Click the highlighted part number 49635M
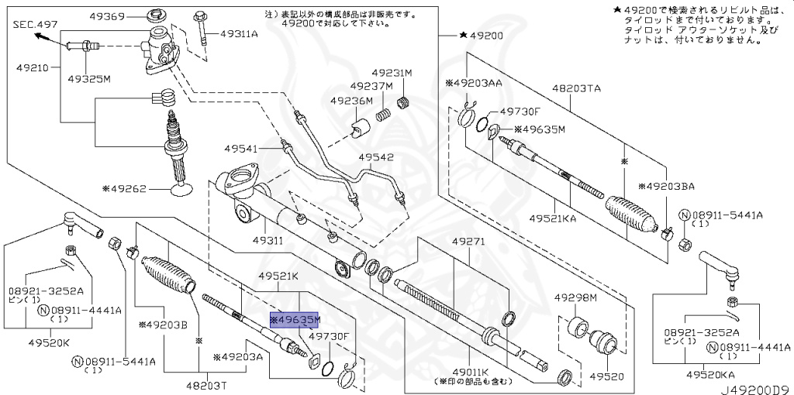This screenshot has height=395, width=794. click(x=295, y=319)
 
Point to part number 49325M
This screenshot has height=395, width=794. click(x=88, y=78)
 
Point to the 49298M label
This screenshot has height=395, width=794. click(x=575, y=297)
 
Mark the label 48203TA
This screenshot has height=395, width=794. click(x=576, y=89)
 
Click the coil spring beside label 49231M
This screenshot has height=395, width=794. click(x=403, y=102)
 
